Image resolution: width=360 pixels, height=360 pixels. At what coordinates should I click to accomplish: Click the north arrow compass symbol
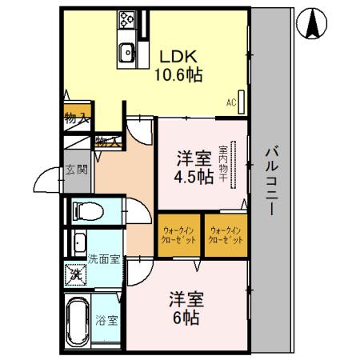click(313, 25)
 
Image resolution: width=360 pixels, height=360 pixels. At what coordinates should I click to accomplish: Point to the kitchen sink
click(127, 54)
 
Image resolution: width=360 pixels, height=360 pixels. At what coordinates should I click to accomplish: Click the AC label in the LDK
click(230, 102)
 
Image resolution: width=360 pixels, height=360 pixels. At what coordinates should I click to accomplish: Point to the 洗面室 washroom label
click(104, 258)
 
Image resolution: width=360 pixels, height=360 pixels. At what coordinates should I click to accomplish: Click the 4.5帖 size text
click(194, 178)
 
